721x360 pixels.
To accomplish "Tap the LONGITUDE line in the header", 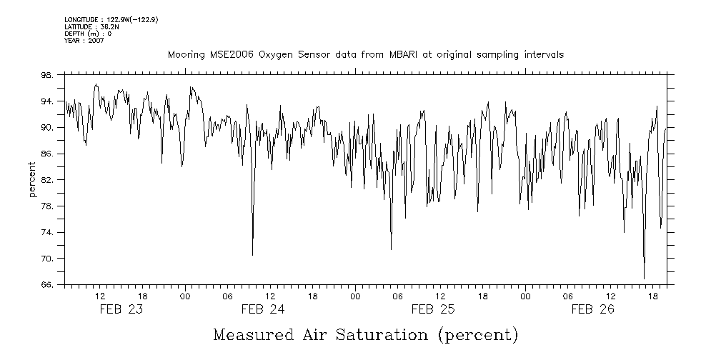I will click(x=111, y=20).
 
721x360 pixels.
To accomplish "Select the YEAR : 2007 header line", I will click(x=84, y=40).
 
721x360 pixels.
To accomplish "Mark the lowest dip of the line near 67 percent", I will click(x=644, y=279).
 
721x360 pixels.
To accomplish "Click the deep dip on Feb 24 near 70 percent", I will click(x=252, y=255).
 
